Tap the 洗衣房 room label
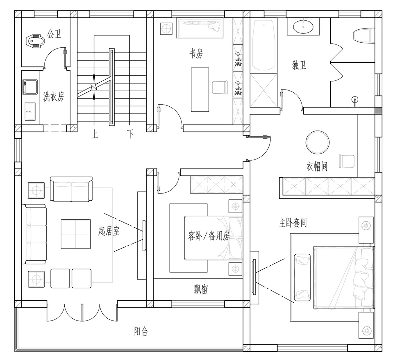point(54,97)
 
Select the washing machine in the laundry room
point(30,87)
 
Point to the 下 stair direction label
point(130,134)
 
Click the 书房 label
point(196,54)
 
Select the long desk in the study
point(200,90)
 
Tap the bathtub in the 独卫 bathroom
point(264,45)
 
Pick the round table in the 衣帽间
point(317,142)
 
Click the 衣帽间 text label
point(317,166)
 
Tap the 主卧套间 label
point(293,223)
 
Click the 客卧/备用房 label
point(209,236)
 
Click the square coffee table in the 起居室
point(76,234)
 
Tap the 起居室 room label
point(109,231)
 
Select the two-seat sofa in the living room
point(71,189)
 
